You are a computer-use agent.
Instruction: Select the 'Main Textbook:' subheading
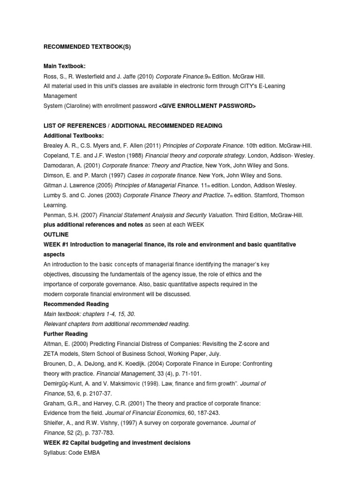[64, 67]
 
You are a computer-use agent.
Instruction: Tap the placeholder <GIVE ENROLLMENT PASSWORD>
[207, 106]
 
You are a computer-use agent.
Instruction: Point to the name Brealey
[54, 145]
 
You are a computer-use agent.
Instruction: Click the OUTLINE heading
[56, 234]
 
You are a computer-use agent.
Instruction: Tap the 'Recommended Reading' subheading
[76, 304]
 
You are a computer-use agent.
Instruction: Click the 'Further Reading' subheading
[66, 334]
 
